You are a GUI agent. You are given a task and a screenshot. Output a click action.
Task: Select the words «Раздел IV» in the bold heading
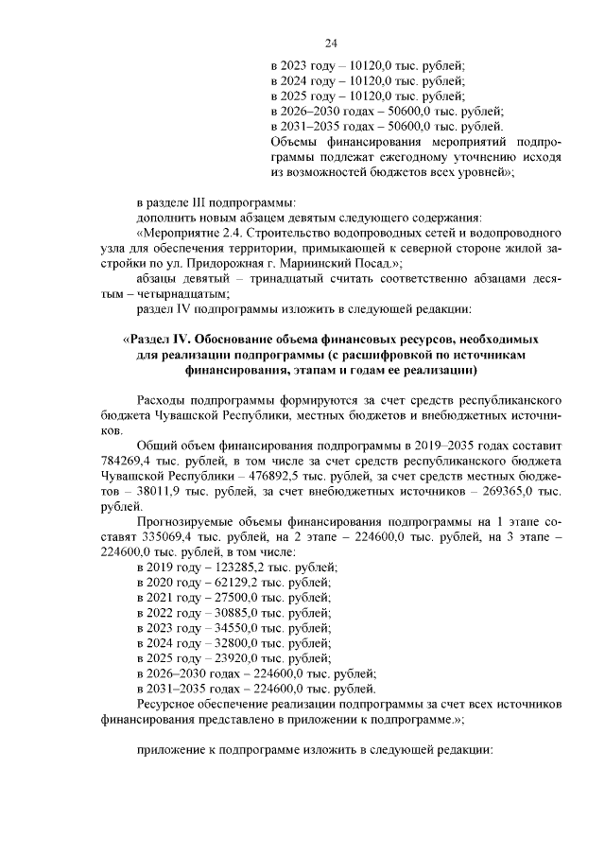coord(160,338)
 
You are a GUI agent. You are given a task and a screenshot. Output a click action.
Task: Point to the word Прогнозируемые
coord(188,521)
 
